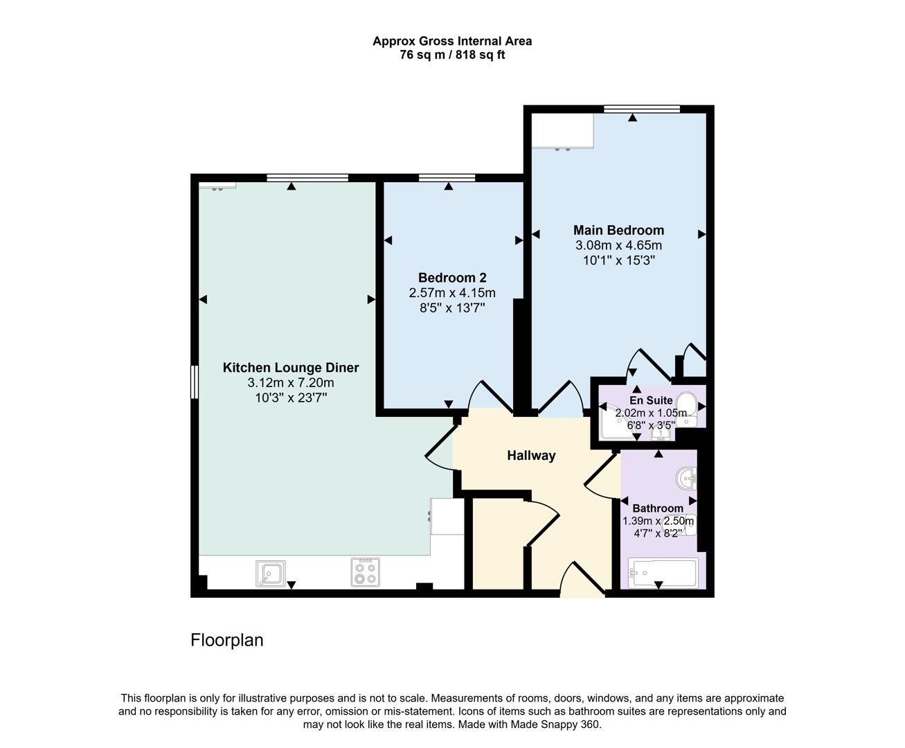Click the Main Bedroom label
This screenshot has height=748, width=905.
618,230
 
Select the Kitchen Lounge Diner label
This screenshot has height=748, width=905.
290,368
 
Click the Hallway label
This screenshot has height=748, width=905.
531,455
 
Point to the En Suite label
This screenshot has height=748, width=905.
650,400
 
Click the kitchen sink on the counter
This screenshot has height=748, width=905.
270,573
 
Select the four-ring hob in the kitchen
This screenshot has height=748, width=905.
365,573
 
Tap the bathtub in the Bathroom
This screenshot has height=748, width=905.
662,573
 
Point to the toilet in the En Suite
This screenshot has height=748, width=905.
687,404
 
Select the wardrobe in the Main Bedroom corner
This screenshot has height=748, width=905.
563,131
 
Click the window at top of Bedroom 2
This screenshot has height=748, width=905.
447,178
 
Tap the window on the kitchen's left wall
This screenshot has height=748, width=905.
195,382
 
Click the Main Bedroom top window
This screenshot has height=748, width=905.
641,109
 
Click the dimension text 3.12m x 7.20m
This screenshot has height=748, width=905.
290,383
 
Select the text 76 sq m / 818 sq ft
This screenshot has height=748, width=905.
452,55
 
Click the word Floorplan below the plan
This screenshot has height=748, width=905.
227,640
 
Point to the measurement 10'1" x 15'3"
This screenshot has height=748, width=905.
618,260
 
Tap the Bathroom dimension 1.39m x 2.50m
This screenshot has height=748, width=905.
658,522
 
